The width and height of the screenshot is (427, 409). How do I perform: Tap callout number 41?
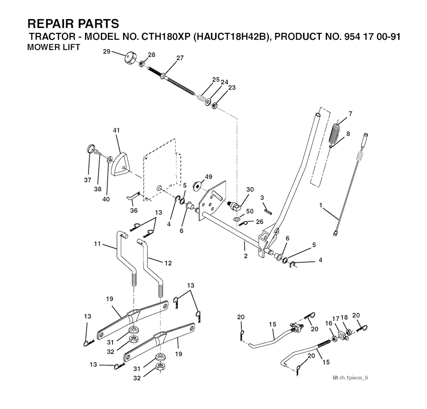tap(117, 130)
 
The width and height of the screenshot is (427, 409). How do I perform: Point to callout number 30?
tap(250, 190)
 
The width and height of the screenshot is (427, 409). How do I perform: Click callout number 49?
tap(208, 177)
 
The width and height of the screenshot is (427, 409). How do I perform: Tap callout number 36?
tap(134, 210)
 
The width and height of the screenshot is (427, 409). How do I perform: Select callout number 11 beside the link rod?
tap(97, 244)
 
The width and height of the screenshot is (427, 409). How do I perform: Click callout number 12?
tap(168, 263)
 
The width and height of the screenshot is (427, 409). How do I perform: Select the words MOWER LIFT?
tap(54, 47)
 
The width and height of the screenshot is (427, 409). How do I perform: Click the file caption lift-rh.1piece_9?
tap(350, 378)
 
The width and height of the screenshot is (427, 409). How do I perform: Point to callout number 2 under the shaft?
tap(246, 256)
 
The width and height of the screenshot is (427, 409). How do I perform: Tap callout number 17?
tap(336, 318)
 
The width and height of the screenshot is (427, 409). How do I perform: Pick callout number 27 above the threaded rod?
tap(180, 58)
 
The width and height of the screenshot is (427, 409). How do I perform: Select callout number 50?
tap(250, 211)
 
